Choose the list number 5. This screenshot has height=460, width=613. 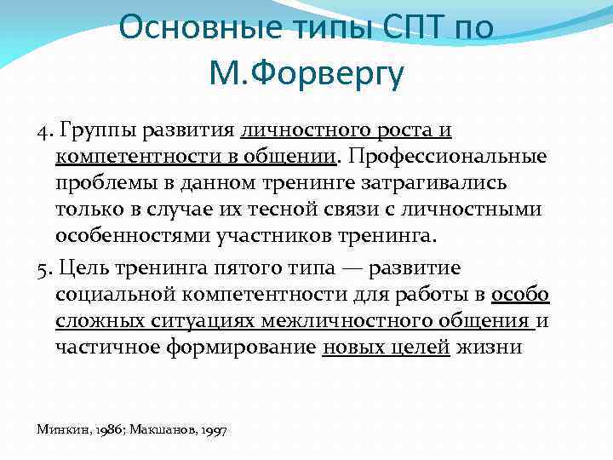click(43, 268)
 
